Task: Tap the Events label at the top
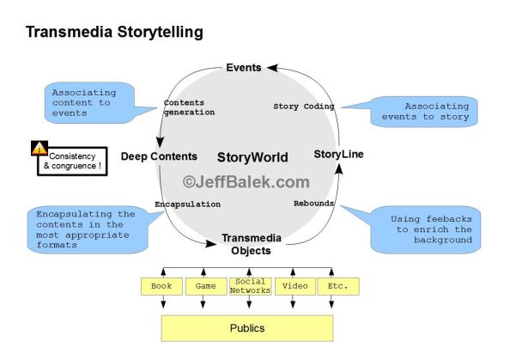tap(245, 68)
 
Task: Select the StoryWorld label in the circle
tap(252, 157)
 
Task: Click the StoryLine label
tap(337, 155)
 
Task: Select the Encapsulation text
tap(187, 204)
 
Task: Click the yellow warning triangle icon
tap(39, 148)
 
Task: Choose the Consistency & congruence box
tap(76, 162)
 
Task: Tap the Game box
tap(205, 285)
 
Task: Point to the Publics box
tap(246, 327)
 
